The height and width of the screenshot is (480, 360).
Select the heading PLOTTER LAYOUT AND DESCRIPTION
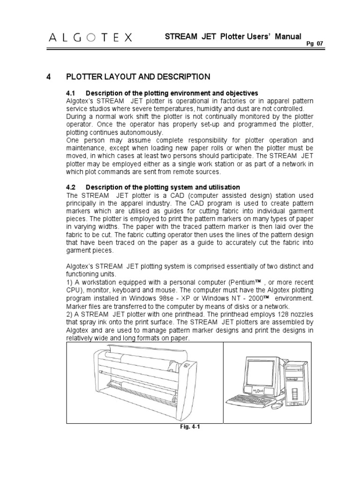click(138, 76)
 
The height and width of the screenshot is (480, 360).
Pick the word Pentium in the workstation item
click(242, 283)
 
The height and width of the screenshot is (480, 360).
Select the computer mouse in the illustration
click(279, 404)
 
